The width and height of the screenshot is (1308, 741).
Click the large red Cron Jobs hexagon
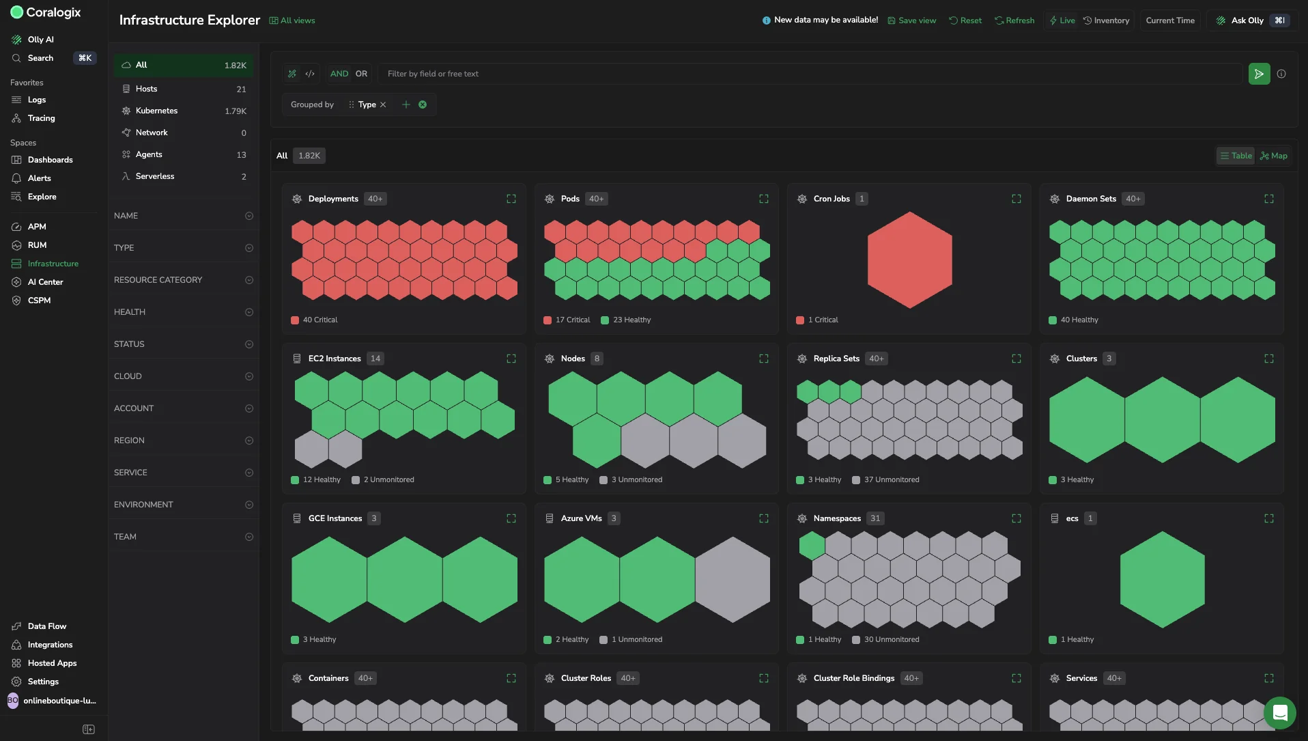[909, 260]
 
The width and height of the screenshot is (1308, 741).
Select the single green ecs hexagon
[1162, 579]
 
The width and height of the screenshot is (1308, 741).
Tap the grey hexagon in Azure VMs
[733, 579]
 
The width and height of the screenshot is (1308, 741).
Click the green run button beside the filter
[1259, 74]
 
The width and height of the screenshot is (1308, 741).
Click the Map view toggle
[1274, 156]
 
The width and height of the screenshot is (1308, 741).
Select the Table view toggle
[1236, 156]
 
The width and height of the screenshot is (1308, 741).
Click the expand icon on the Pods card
[764, 199]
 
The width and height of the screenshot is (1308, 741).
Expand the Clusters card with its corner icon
[1269, 359]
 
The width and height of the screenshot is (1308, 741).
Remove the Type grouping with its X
[383, 104]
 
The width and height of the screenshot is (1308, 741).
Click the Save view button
[911, 20]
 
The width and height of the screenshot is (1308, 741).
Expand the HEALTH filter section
[184, 312]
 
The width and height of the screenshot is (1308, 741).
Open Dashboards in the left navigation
[50, 160]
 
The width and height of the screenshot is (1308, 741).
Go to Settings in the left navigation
[43, 682]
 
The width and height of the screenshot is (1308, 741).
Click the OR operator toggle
[361, 74]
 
